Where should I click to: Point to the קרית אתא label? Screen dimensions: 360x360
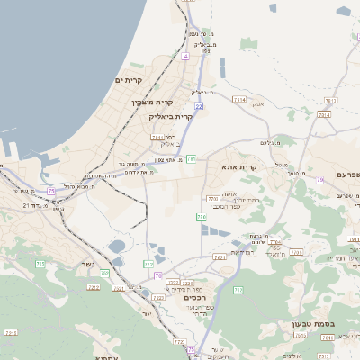239,166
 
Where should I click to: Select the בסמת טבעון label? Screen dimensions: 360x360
312,323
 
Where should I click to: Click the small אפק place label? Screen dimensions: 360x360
258,103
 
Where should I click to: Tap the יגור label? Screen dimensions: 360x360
145,312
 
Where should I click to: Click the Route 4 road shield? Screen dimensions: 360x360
185,56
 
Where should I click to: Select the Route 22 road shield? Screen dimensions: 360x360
198,106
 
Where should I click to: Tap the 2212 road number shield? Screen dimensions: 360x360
94,287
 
